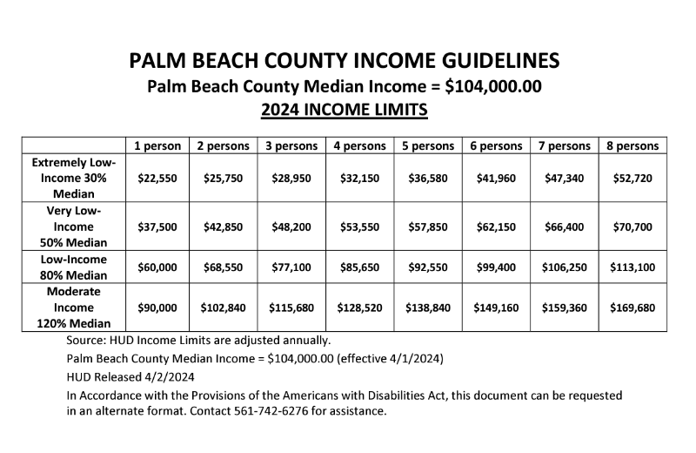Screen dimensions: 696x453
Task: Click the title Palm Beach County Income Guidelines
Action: click(x=344, y=61)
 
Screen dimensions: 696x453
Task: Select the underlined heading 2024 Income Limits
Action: click(x=344, y=111)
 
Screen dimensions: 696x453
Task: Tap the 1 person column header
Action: click(x=157, y=145)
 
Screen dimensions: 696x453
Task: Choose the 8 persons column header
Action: click(x=632, y=145)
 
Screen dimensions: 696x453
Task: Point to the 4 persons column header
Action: click(x=359, y=145)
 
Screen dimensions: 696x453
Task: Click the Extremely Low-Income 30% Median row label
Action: click(x=73, y=178)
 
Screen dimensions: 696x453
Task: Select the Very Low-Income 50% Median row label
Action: click(x=73, y=226)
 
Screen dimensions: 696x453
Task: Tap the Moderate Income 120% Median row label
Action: click(x=73, y=308)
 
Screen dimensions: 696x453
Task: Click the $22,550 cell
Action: click(x=157, y=178)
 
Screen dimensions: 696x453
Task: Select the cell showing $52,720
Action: click(x=632, y=178)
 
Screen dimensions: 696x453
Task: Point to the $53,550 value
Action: click(x=359, y=226)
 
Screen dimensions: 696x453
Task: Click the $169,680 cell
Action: click(x=632, y=308)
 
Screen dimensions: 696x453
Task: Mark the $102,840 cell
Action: click(x=224, y=308)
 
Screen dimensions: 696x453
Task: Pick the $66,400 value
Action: click(x=565, y=226)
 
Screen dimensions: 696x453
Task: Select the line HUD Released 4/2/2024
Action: click(x=130, y=376)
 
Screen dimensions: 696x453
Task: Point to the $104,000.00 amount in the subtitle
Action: click(x=493, y=87)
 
